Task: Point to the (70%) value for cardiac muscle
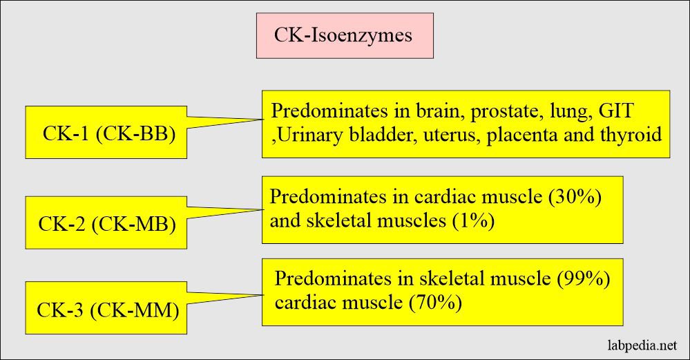pyautogui.click(x=437, y=302)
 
